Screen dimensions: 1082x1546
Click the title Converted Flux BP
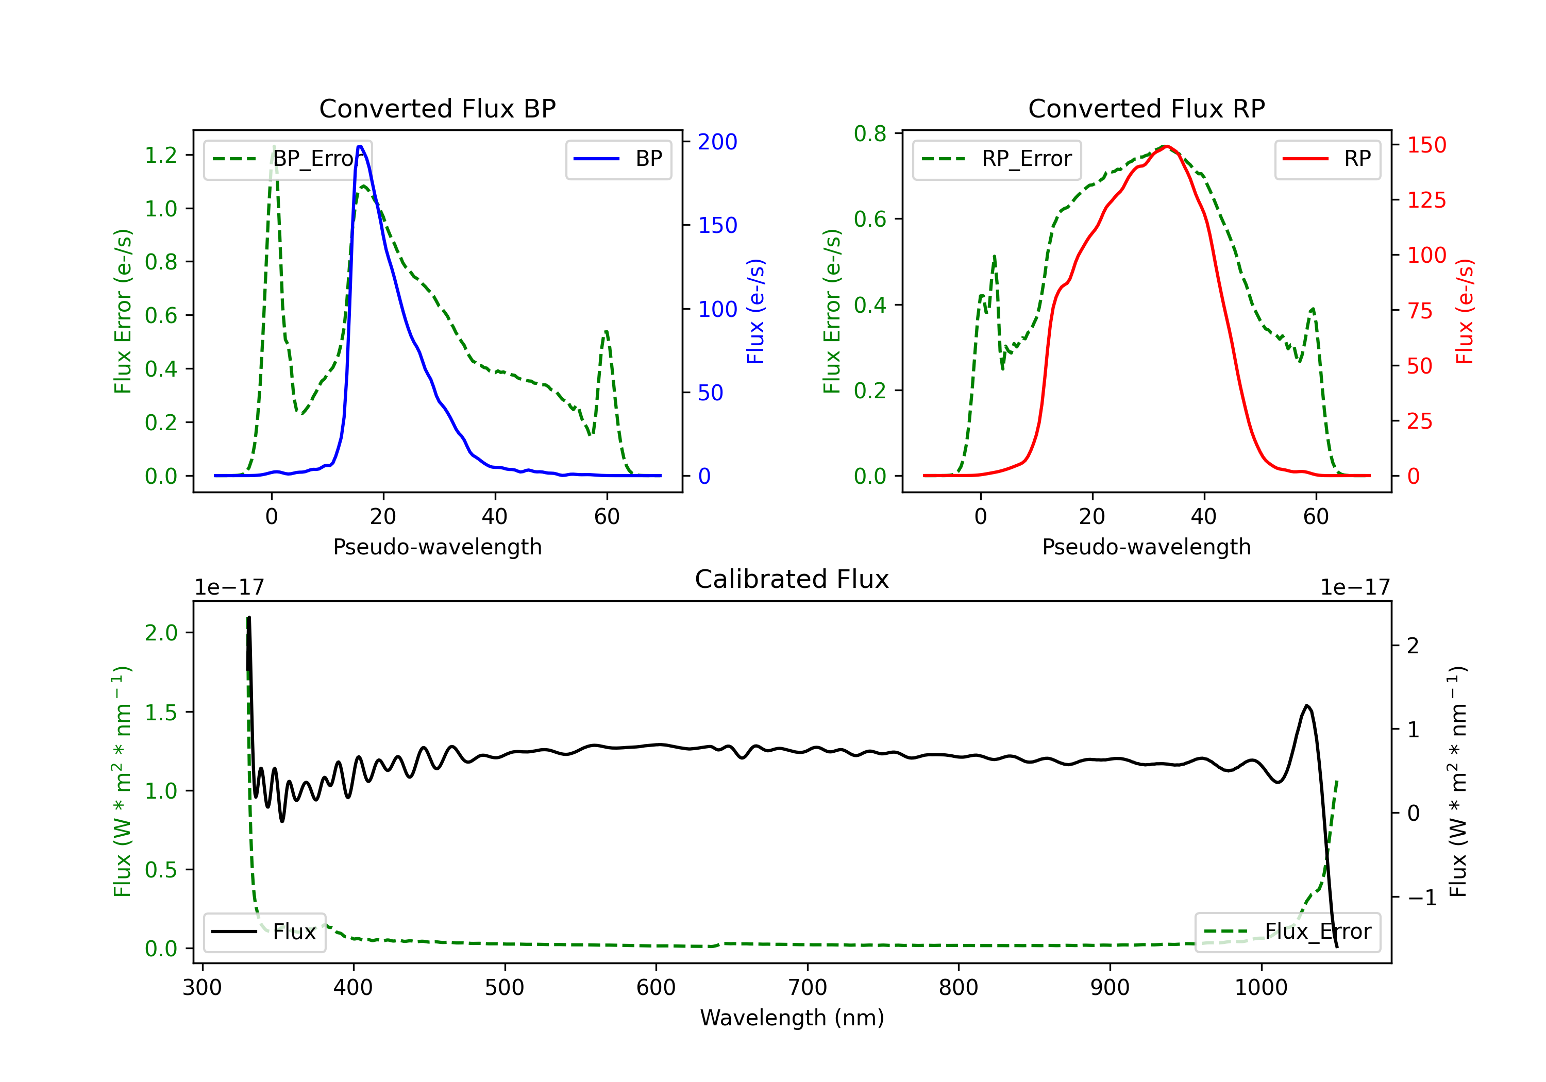click(x=437, y=108)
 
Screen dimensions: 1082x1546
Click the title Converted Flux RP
click(x=1146, y=108)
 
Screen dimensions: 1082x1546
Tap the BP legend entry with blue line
click(x=618, y=159)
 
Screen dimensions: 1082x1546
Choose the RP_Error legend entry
click(x=997, y=159)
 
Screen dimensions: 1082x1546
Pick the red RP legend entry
click(x=1327, y=159)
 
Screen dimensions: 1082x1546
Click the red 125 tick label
click(x=1426, y=200)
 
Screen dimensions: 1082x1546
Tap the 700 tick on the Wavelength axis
click(x=808, y=988)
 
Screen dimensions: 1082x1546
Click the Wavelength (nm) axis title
click(x=792, y=1018)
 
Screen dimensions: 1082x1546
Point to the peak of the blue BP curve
click(x=360, y=146)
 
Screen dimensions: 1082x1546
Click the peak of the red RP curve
click(x=1166, y=146)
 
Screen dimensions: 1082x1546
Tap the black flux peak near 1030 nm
click(x=1307, y=706)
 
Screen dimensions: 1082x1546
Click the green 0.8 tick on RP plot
click(x=870, y=134)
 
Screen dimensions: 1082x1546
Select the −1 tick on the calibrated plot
click(x=1421, y=898)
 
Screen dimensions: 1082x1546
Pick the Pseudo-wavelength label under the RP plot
click(x=1146, y=547)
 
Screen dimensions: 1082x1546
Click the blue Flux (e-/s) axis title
click(x=755, y=311)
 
